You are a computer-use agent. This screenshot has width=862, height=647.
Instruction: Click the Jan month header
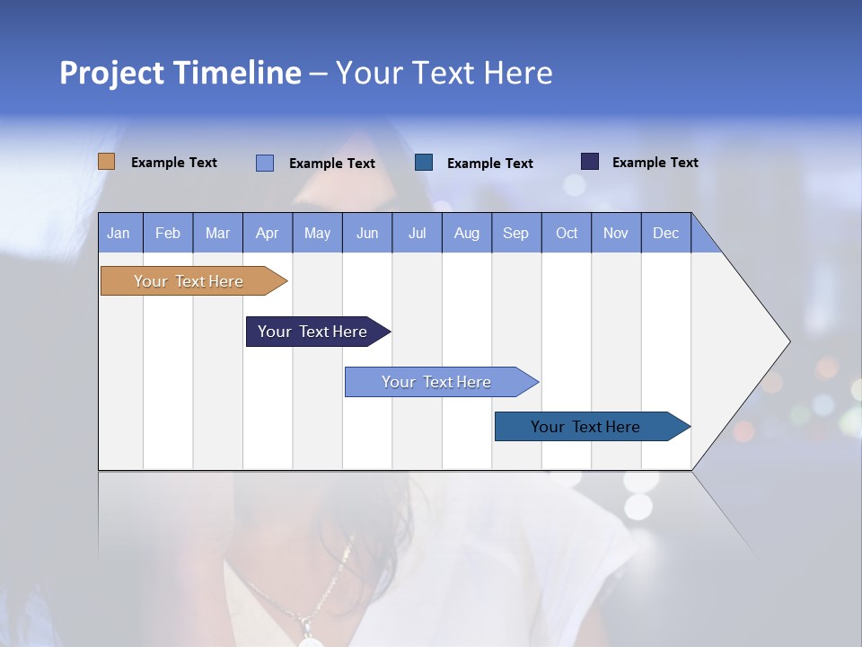tap(119, 233)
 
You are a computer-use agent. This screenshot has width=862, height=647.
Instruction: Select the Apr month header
tap(268, 233)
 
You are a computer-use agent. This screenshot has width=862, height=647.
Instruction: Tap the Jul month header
tap(417, 233)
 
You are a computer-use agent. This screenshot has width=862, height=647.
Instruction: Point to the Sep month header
tap(516, 233)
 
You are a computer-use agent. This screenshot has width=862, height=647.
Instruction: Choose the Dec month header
tap(665, 233)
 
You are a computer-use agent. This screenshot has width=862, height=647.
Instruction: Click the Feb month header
tap(168, 233)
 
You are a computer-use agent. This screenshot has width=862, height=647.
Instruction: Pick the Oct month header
tap(567, 233)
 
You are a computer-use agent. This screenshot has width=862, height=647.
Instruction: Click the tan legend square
tap(106, 162)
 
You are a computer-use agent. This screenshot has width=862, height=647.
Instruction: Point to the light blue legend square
tap(264, 163)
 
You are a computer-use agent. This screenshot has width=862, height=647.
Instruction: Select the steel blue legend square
tap(424, 163)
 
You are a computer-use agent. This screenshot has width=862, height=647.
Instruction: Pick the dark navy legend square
tap(589, 162)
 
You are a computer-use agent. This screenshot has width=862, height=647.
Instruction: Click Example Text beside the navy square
tap(655, 163)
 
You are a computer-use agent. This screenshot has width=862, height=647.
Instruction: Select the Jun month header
tap(367, 233)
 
